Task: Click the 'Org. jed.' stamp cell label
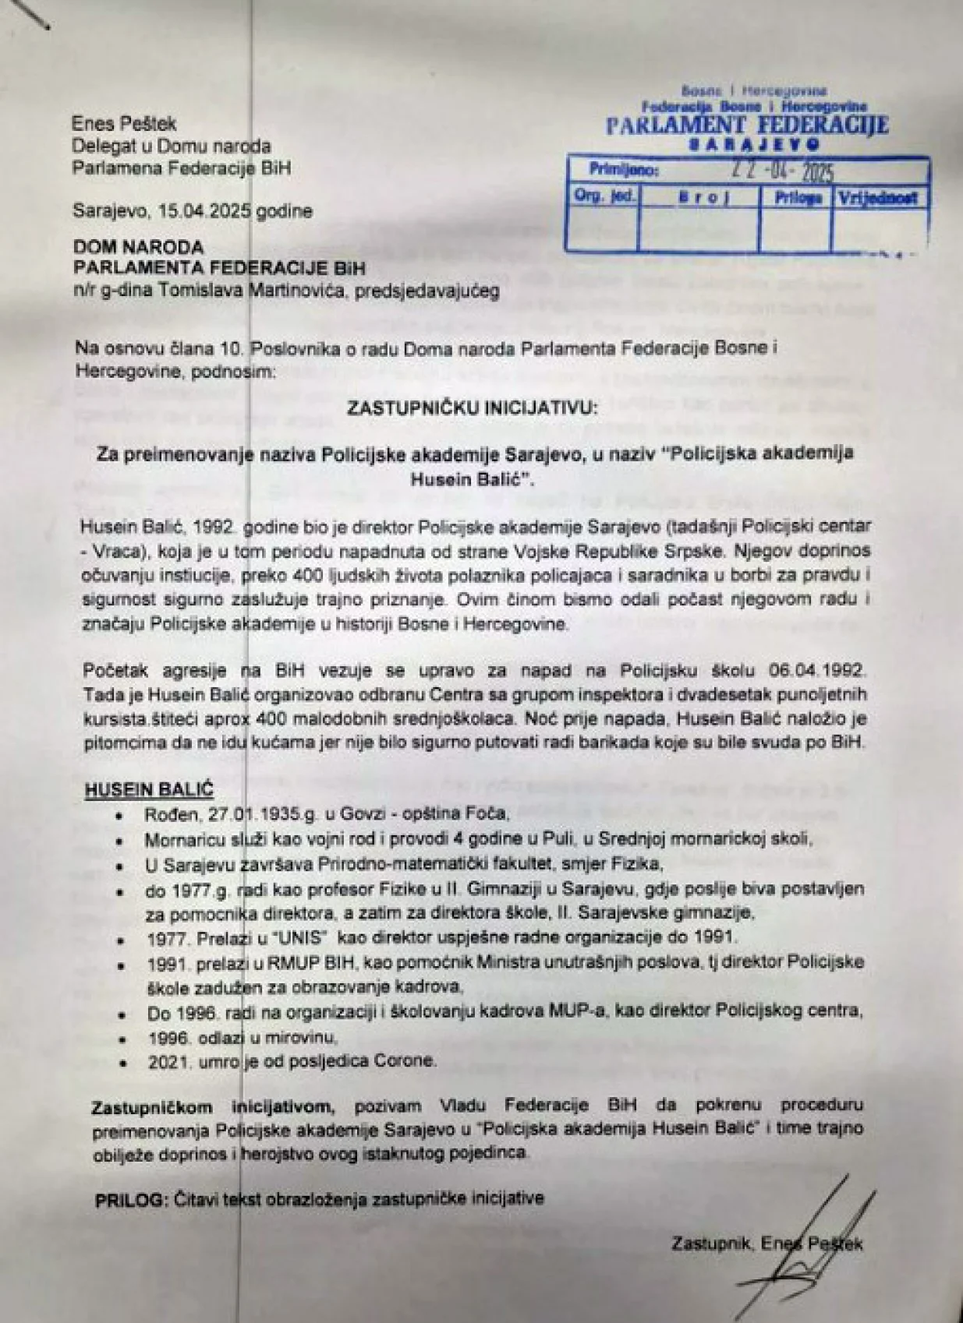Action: point(604,196)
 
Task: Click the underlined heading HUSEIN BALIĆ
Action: point(148,789)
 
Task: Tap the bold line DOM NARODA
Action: point(139,247)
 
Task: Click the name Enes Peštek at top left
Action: point(124,123)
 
